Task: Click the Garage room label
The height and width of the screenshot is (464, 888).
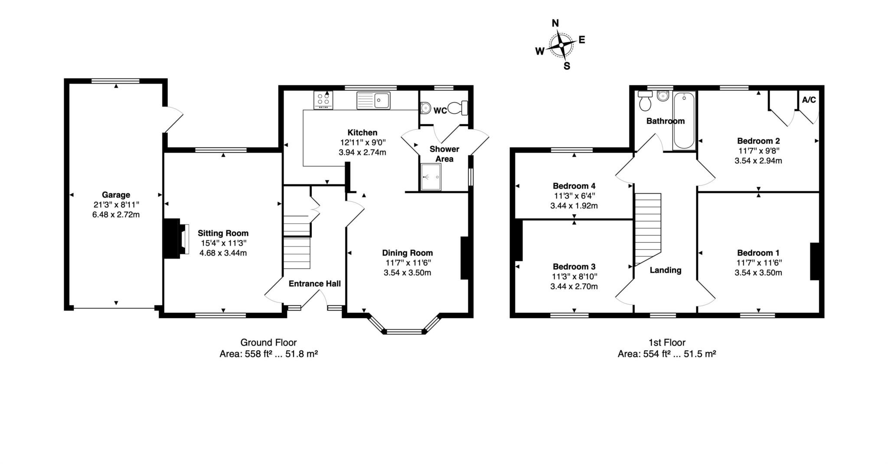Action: [x=116, y=195]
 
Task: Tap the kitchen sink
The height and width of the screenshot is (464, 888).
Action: [x=373, y=100]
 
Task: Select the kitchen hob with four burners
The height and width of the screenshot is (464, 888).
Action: [x=323, y=100]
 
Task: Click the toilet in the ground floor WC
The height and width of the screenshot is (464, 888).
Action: [x=458, y=108]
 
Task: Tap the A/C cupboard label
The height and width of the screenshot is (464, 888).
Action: [x=809, y=100]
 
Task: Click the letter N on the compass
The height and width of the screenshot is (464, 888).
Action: [x=555, y=23]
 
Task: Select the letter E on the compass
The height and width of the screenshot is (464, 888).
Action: [x=582, y=40]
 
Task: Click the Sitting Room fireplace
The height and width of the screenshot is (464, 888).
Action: [x=176, y=239]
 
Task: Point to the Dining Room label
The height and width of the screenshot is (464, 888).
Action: [x=407, y=253]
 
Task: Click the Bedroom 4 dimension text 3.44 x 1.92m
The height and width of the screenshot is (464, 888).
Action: [x=574, y=206]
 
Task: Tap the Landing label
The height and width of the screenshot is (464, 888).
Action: [x=666, y=270]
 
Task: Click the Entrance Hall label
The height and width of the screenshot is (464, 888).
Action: [x=314, y=284]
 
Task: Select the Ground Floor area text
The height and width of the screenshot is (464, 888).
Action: [x=268, y=354]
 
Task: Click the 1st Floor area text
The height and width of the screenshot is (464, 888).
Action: [x=666, y=354]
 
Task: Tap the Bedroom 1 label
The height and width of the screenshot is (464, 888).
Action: [x=758, y=253]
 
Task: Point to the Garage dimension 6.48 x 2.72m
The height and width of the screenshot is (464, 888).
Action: [x=116, y=214]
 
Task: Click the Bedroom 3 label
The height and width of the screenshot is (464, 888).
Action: [x=574, y=267]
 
